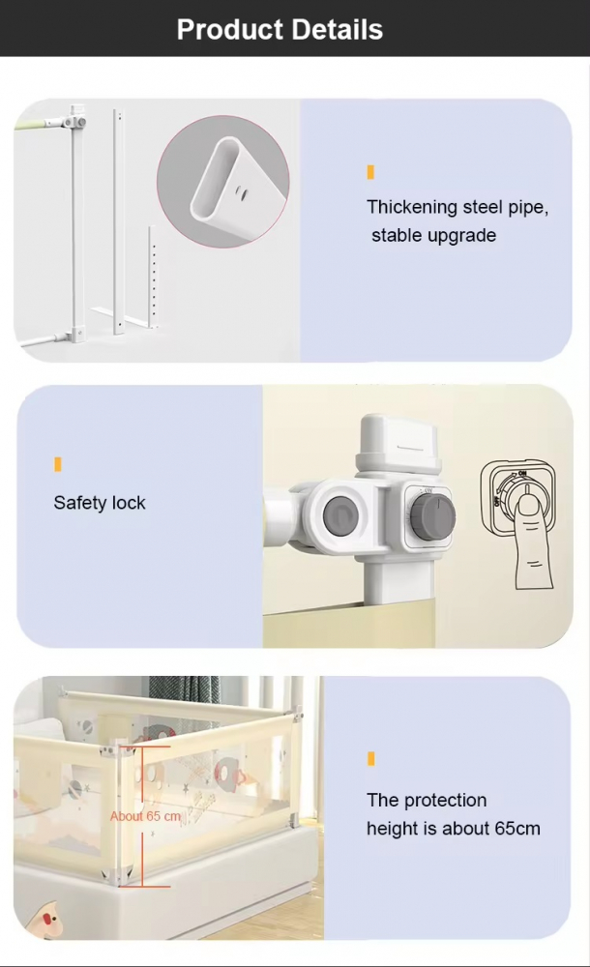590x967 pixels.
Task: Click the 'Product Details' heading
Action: click(x=280, y=30)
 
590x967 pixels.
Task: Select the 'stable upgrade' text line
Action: click(x=434, y=236)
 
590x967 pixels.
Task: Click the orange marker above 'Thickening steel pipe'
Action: click(x=370, y=172)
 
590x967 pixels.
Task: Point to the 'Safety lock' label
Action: click(x=100, y=503)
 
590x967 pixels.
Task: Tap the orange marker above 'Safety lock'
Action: click(x=58, y=464)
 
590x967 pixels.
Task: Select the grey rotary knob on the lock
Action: click(x=433, y=515)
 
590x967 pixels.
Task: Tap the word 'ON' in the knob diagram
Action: click(x=522, y=474)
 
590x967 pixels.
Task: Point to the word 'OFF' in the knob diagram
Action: click(x=497, y=500)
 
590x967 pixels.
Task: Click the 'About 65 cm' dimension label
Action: click(x=146, y=816)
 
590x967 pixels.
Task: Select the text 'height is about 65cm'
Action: click(x=454, y=829)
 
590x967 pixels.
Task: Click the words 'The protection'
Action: click(x=427, y=800)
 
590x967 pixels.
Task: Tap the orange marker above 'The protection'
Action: click(x=370, y=758)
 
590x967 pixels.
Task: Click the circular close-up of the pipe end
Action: click(x=222, y=182)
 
